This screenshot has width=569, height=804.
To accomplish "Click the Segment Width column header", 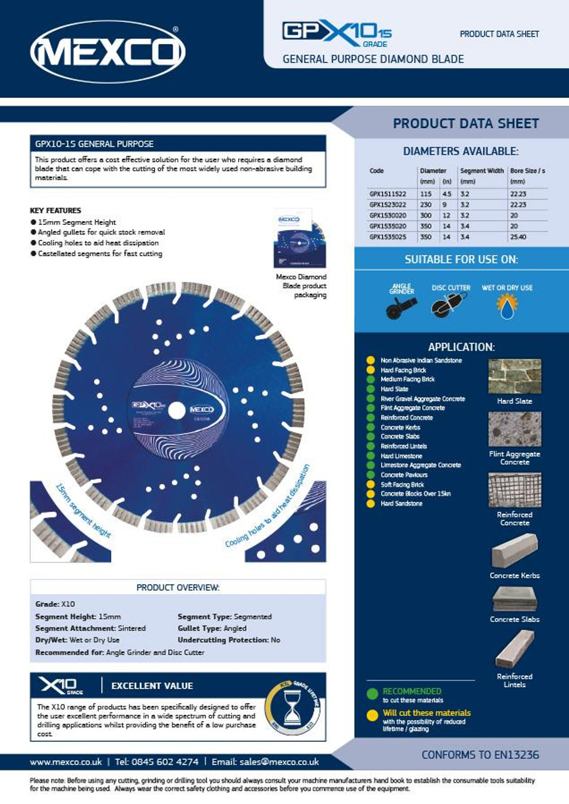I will point(482,171).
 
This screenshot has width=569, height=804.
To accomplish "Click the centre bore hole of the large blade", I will point(176,410).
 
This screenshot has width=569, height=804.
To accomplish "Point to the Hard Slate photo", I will point(514,376).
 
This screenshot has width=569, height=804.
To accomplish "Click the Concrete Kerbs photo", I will point(514,550).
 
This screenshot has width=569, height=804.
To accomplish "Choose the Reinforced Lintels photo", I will point(514,649).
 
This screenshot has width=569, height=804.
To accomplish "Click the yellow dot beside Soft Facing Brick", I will point(371,484).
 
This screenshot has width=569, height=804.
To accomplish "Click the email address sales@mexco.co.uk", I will point(279,762).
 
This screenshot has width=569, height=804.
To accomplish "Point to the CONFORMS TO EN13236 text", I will point(480,755).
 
